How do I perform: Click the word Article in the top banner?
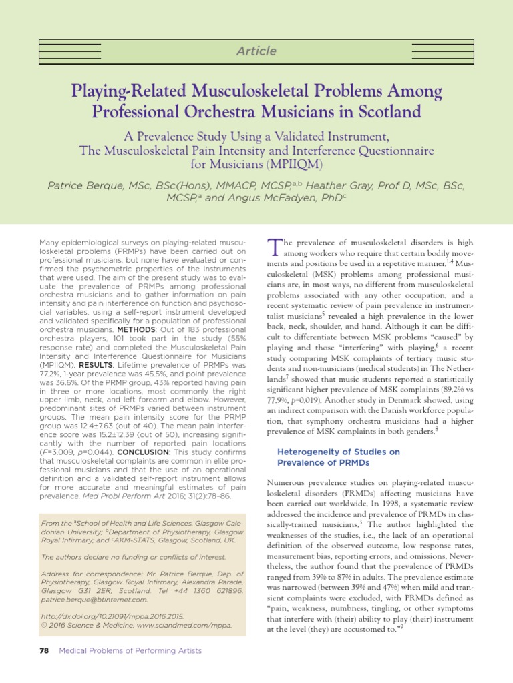256,51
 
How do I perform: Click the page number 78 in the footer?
45,650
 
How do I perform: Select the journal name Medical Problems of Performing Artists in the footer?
131,650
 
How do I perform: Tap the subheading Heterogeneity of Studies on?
338,452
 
